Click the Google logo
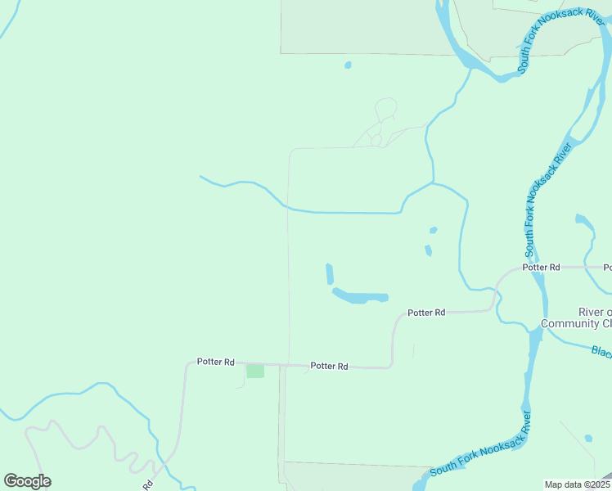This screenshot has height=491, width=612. [x=27, y=480]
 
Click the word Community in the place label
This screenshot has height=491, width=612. [x=577, y=324]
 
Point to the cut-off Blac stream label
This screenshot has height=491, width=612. [x=601, y=351]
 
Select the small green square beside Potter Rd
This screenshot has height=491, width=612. [x=255, y=371]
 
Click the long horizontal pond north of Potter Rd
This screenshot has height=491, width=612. [x=360, y=295]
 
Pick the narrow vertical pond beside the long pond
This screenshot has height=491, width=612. [x=330, y=273]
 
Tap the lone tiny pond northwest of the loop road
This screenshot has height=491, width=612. [x=348, y=65]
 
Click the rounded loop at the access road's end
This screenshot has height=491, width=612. [x=386, y=108]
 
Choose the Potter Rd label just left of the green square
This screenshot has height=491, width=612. [x=216, y=361]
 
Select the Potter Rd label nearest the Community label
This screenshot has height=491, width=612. [x=542, y=267]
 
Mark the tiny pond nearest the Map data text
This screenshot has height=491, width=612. [x=588, y=438]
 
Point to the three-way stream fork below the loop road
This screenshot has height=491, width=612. [x=432, y=182]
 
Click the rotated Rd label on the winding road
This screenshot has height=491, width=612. [x=147, y=484]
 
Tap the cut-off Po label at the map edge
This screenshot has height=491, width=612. [x=607, y=267]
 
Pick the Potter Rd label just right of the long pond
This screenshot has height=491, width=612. [x=426, y=312]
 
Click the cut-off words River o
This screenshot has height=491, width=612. [x=595, y=312]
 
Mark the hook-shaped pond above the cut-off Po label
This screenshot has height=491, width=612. [x=583, y=221]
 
